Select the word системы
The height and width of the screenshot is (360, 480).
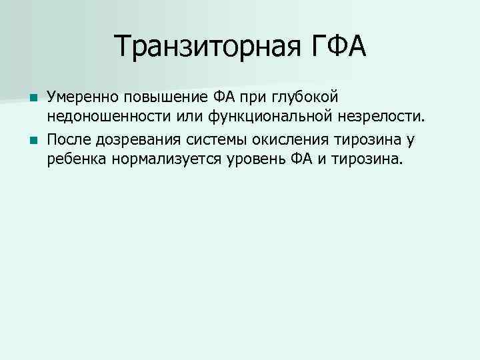(x=209, y=141)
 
